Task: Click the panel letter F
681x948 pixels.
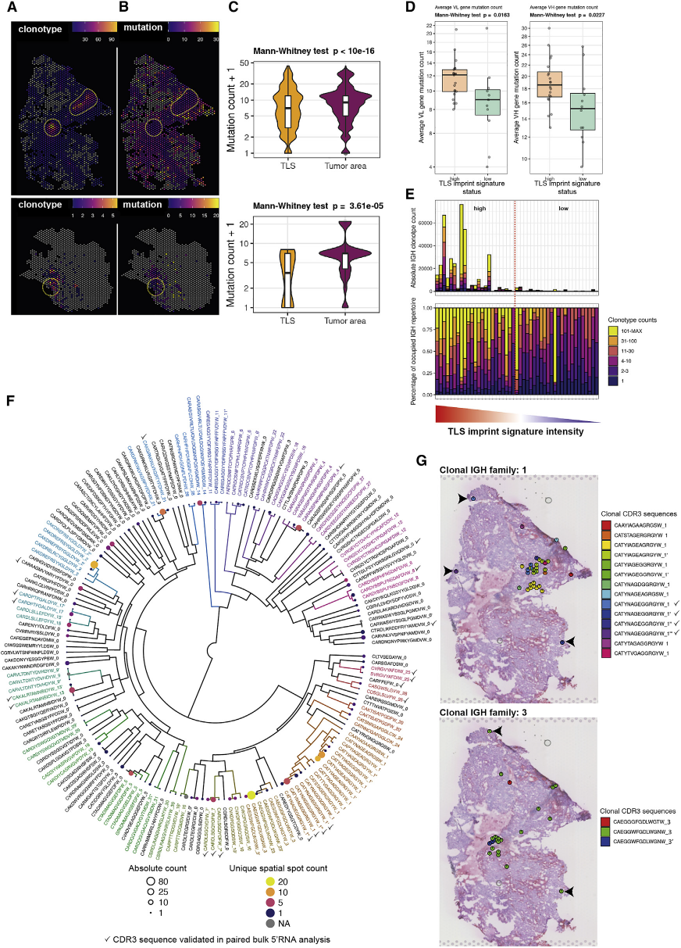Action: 10,400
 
